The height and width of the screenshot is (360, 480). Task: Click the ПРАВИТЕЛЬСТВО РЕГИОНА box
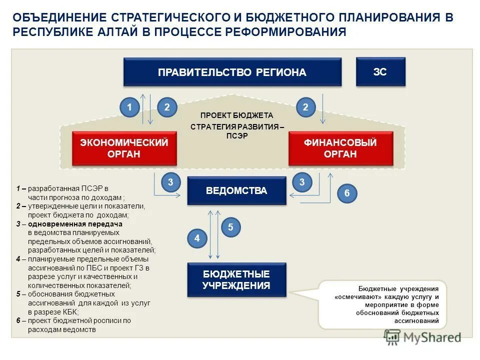click(x=232, y=72)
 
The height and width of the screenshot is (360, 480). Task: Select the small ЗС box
click(x=380, y=71)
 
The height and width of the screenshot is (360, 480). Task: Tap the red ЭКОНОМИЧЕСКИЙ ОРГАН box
click(x=124, y=148)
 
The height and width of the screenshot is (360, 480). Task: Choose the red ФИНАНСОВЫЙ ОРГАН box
click(x=340, y=148)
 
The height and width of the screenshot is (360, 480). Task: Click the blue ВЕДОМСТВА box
click(x=236, y=190)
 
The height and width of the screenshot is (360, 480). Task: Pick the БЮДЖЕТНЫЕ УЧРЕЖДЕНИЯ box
click(x=236, y=279)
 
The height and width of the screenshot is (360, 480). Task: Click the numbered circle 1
click(x=129, y=107)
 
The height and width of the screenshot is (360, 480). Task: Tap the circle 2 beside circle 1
click(x=167, y=107)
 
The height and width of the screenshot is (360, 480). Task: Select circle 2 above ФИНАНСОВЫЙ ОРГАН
click(x=305, y=107)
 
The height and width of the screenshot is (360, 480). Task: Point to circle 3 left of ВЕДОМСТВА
click(x=170, y=183)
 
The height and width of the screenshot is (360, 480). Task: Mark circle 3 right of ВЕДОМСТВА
click(x=301, y=183)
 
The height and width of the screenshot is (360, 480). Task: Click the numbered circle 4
click(x=197, y=238)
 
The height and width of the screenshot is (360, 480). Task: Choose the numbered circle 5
click(x=230, y=227)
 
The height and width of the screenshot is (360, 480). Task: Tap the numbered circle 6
click(x=347, y=193)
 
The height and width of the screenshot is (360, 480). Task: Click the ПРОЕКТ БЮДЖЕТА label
click(x=237, y=115)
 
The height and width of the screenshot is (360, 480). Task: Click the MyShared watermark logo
click(x=422, y=337)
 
